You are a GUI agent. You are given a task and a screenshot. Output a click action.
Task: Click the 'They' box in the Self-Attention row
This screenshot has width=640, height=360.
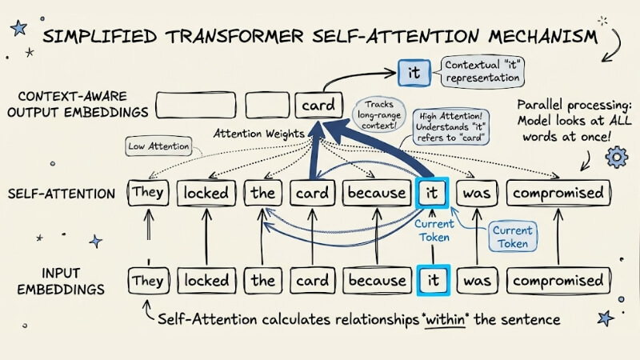[x=147, y=193]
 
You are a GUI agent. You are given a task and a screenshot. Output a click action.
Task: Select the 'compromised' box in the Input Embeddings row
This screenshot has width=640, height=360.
[x=558, y=281]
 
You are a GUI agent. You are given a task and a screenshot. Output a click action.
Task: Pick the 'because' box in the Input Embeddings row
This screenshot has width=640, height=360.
[x=377, y=281]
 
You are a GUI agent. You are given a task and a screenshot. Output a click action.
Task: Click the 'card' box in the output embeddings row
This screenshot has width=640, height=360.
[x=315, y=106]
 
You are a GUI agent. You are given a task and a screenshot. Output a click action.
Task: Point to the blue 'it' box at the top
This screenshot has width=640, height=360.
[x=414, y=74]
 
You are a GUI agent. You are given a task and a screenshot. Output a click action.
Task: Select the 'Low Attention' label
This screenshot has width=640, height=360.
[x=158, y=146]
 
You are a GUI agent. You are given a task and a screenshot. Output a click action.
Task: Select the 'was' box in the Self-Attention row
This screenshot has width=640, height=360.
[x=478, y=193]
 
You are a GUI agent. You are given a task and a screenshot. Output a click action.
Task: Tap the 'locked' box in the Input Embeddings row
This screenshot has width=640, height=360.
[x=206, y=281]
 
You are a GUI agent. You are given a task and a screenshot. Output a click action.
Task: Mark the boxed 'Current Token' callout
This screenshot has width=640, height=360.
[x=513, y=238]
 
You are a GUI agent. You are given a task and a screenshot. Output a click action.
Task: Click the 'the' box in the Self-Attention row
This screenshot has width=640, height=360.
[x=262, y=193]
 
